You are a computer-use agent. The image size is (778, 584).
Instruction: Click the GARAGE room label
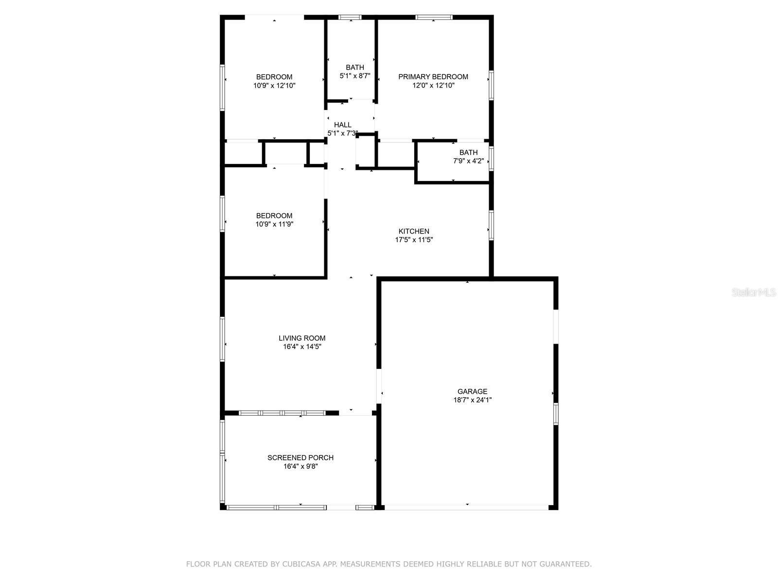pyautogui.click(x=472, y=391)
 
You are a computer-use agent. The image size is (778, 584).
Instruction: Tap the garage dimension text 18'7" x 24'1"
pyautogui.click(x=472, y=400)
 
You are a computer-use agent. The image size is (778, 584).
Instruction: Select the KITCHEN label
pyautogui.click(x=414, y=231)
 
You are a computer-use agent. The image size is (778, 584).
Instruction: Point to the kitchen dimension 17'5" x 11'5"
pyautogui.click(x=414, y=240)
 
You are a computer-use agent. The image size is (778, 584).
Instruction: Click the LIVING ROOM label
pyautogui.click(x=302, y=338)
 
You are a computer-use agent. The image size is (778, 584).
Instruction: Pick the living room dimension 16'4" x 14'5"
pyautogui.click(x=302, y=347)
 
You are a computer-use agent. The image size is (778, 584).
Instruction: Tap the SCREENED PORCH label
pyautogui.click(x=301, y=457)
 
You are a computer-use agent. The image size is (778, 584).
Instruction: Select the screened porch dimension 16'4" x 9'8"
pyautogui.click(x=301, y=466)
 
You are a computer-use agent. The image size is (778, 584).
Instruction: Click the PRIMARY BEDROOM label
pyautogui.click(x=433, y=76)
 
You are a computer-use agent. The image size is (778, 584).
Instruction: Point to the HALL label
pyautogui.click(x=342, y=125)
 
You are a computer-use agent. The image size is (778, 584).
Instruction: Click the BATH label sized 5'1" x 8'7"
pyautogui.click(x=355, y=67)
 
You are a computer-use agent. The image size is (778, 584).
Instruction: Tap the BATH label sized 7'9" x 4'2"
pyautogui.click(x=468, y=152)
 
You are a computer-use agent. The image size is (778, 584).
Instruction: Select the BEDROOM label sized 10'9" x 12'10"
pyautogui.click(x=274, y=76)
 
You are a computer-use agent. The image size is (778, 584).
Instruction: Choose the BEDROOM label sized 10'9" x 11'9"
pyautogui.click(x=274, y=216)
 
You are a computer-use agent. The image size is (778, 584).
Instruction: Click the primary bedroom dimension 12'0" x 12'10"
pyautogui.click(x=433, y=85)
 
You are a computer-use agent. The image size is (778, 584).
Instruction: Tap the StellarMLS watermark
pyautogui.click(x=754, y=292)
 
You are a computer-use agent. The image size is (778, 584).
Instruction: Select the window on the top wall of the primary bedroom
pyautogui.click(x=434, y=18)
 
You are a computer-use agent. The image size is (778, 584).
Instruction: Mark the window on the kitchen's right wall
pyautogui.click(x=491, y=225)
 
